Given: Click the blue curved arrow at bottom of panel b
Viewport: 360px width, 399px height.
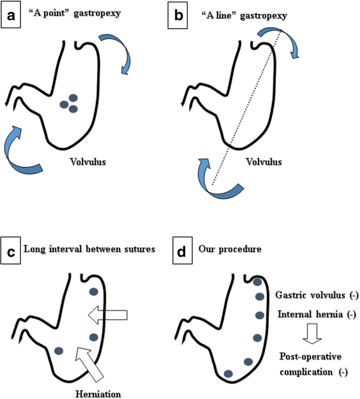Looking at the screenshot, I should tap(220, 181).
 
